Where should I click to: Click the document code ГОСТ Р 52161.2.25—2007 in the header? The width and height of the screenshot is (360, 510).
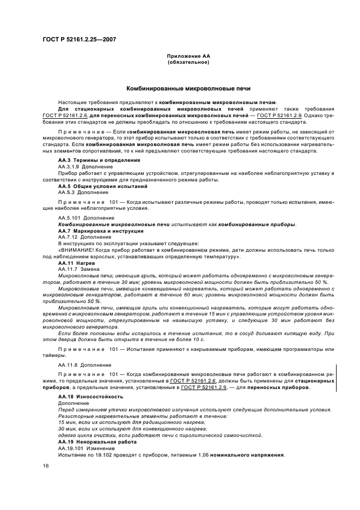pyautogui.click(x=78, y=39)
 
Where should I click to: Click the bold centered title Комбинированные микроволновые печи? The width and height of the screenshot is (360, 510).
pyautogui.click(x=188, y=88)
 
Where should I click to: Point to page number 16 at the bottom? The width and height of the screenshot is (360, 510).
pyautogui.click(x=46, y=466)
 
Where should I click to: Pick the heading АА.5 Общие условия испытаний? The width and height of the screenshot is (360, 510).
pyautogui.click(x=95, y=186)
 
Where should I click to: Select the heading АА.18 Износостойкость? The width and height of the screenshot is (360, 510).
pyautogui.click(x=90, y=397)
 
